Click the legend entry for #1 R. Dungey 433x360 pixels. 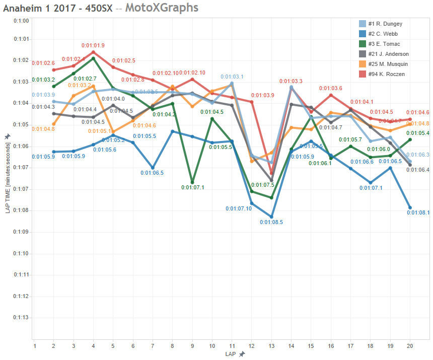pos(385,24)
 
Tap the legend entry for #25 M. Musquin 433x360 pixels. pos(388,64)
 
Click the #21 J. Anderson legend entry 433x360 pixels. pos(388,54)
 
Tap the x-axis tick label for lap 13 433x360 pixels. pos(271,346)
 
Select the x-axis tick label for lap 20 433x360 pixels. pos(409,346)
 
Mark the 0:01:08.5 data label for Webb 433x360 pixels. pos(271,222)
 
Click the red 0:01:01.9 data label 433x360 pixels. pos(94,45)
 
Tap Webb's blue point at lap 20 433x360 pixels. pos(410,207)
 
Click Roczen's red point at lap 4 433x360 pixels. pos(94,52)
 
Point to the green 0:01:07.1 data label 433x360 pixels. pos(192,187)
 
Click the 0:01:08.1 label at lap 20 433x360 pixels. pos(418,212)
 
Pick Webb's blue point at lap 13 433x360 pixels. pos(271,217)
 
